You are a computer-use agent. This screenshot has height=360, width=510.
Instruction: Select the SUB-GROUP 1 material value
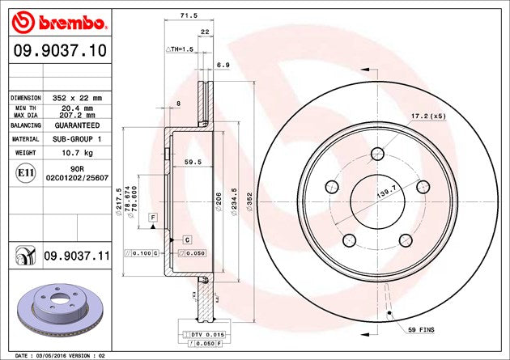tap(78, 139)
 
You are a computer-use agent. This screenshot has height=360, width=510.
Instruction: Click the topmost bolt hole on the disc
tap(378, 154)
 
